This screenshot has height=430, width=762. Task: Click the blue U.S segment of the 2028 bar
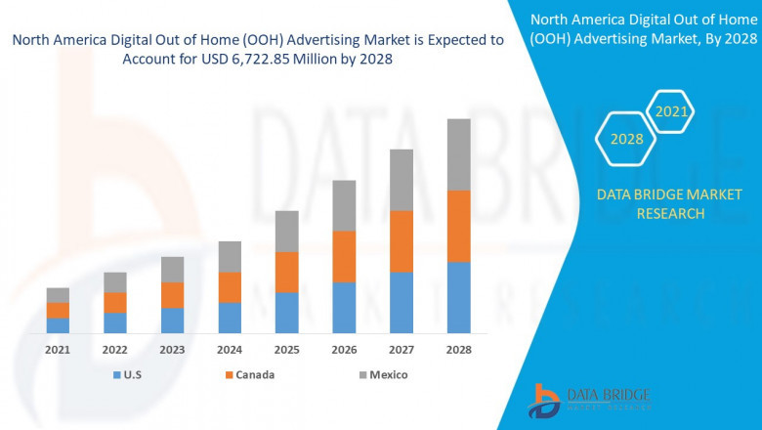point(458,297)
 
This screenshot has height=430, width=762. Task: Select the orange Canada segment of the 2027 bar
point(402,240)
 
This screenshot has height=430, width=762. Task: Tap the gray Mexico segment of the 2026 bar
point(344,205)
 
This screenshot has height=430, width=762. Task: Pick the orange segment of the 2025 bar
point(286,272)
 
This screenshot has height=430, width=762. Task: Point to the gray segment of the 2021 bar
point(58,295)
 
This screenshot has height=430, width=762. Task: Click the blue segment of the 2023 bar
point(172,321)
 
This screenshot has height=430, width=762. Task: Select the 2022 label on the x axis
point(115,349)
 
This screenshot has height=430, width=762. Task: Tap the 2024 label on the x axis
point(230,349)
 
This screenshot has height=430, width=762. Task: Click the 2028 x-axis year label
point(458,349)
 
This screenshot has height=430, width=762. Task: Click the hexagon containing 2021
point(671,112)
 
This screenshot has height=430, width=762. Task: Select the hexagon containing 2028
point(626,139)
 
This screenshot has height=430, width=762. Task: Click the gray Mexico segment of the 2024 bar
point(230,256)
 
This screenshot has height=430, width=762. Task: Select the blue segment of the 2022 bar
point(115,322)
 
